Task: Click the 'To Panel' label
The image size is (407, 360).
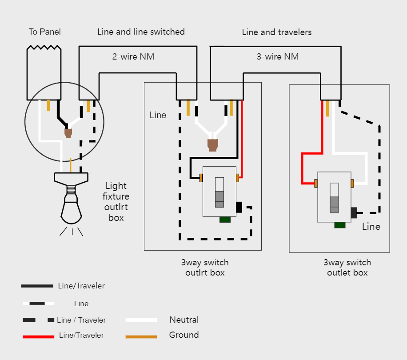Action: (44, 32)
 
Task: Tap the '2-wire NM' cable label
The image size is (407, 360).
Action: (133, 56)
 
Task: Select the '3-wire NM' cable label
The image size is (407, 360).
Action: (278, 56)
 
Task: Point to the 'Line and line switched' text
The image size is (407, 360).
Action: (141, 32)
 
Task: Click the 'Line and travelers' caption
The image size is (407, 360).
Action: (277, 32)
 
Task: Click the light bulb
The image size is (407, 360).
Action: (71, 209)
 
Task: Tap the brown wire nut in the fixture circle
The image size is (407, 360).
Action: (68, 132)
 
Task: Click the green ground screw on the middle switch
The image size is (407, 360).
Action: (225, 219)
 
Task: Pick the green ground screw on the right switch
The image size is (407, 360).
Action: (340, 224)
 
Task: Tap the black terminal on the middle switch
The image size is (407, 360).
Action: (239, 207)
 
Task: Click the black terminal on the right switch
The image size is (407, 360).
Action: (354, 212)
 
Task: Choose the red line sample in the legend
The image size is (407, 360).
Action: (38, 336)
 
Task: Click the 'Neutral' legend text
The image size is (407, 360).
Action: (184, 320)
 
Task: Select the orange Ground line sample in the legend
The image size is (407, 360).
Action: (141, 336)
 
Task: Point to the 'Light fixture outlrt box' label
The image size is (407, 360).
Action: (116, 201)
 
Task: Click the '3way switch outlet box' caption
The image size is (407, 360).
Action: (347, 268)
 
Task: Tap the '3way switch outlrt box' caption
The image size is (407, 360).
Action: (205, 268)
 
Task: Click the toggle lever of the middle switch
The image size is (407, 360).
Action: (219, 192)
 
